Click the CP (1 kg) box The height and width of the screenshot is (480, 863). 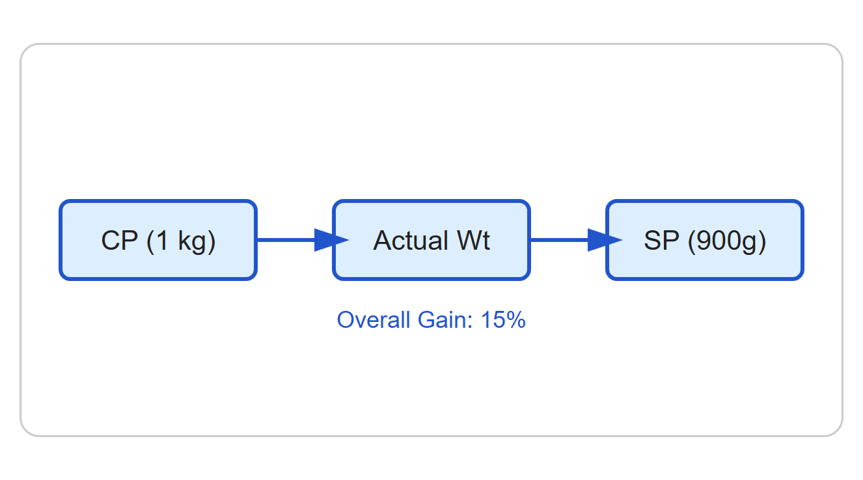coord(158,240)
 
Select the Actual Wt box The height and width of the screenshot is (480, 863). coord(431,240)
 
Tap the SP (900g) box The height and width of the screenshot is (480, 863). coord(705,240)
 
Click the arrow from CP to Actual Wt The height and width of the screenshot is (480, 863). coord(303,240)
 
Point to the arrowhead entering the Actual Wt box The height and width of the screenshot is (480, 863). coord(331,240)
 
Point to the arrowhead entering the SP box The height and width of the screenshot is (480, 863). coord(605,240)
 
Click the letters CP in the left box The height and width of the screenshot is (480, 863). coord(120,240)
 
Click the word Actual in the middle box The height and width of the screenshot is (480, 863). coord(410,240)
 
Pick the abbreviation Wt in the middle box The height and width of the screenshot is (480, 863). coord(474,240)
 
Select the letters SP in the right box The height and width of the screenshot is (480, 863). coord(661,240)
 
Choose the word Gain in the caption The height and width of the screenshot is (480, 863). coord(445,319)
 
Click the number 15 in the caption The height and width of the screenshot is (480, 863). coord(489,320)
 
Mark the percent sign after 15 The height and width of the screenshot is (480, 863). coord(513,320)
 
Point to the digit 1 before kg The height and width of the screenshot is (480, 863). coord(162,240)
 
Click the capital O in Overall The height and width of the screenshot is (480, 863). coord(346,320)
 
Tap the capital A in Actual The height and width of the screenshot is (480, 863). coord(383,240)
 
